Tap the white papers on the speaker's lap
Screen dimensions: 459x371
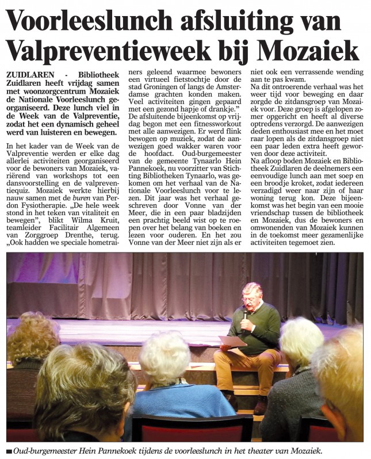[x=232, y=341]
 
